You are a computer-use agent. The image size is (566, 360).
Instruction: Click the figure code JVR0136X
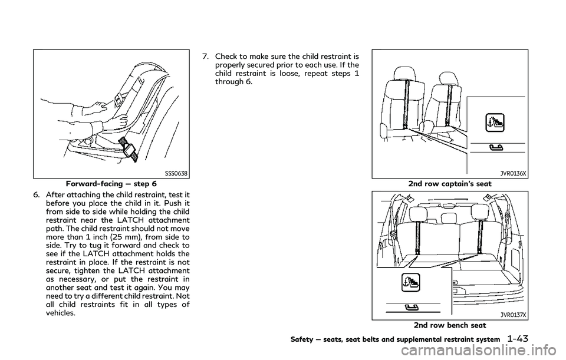coord(513,173)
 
